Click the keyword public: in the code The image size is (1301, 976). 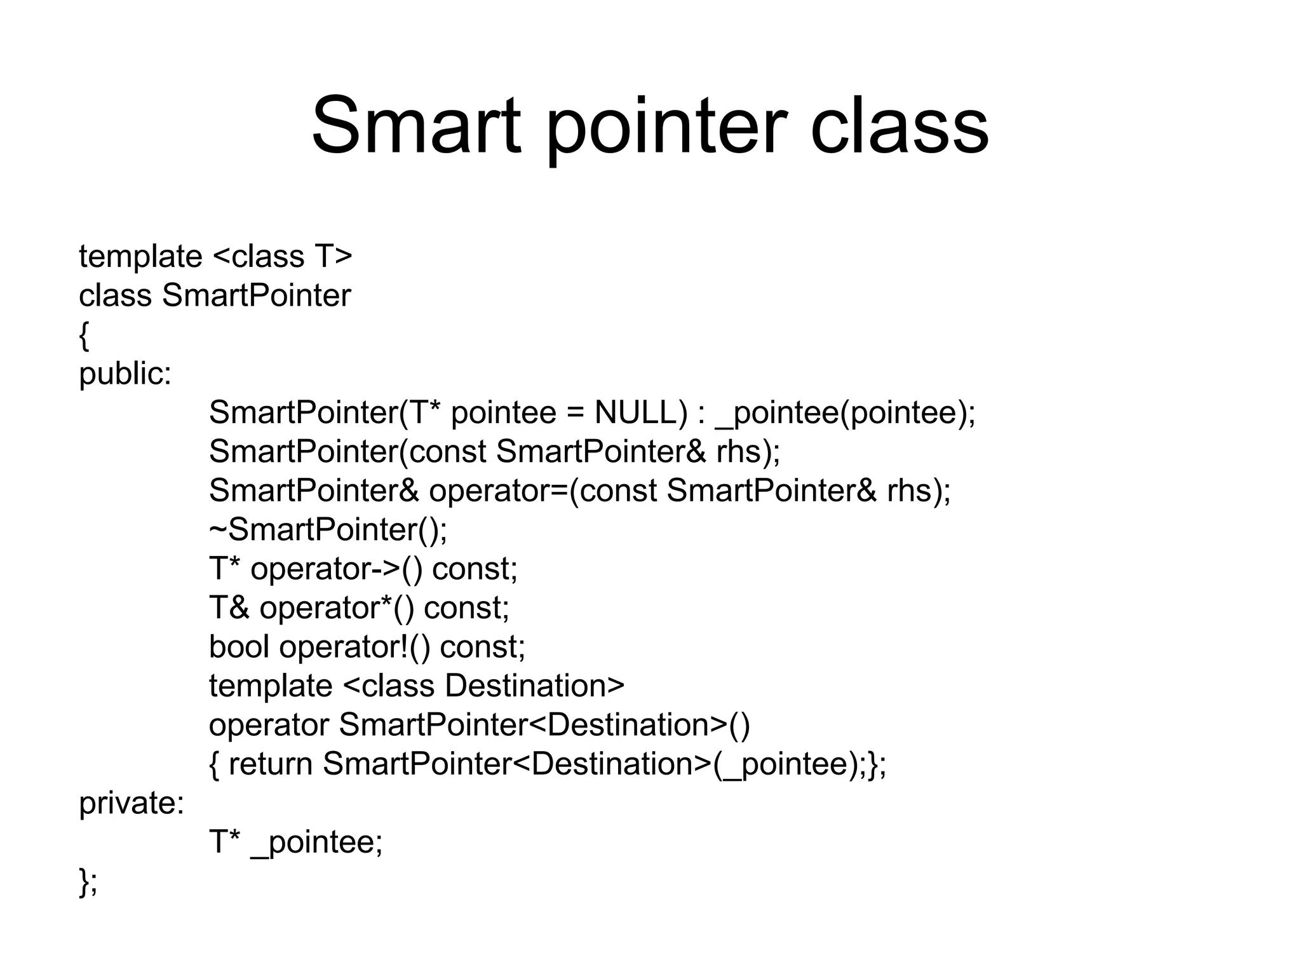coord(125,374)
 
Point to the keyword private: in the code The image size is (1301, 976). coord(131,803)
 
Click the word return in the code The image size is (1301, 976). coord(270,764)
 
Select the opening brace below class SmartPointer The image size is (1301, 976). coord(84,336)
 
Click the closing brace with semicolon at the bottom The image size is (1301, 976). coord(88,882)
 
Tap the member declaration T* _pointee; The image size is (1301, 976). coord(296,843)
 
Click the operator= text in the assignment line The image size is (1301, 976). coord(499,491)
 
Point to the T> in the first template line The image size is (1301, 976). coord(333,257)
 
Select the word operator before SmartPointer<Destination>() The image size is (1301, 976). coord(269,726)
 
